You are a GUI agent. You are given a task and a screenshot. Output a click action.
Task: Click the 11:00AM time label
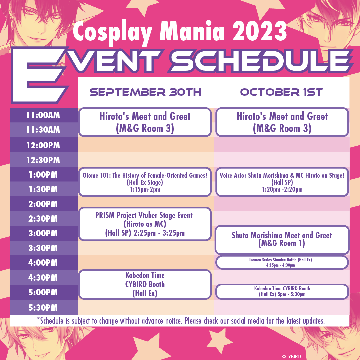coord(43,115)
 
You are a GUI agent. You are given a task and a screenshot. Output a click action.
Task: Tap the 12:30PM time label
coord(43,160)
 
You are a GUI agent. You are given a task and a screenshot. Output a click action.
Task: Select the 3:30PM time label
coord(43,248)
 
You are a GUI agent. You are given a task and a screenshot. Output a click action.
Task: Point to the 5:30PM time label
coord(43,307)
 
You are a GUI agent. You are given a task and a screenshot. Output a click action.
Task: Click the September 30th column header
coord(145,92)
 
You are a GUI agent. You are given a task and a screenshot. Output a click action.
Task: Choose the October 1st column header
coord(281,92)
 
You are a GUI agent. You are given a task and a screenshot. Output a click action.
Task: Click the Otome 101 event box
coord(145,182)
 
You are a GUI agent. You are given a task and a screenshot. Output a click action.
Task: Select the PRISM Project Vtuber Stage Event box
coord(145,224)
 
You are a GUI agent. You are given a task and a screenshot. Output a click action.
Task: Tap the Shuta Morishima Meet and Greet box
coord(282,240)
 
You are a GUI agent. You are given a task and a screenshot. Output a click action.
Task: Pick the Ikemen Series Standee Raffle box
coord(282,262)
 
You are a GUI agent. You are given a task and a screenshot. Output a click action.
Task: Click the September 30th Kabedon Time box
coord(145,284)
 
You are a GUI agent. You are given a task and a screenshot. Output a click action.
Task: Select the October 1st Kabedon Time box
coord(282,292)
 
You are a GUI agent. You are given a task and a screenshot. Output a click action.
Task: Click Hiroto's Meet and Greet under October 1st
coord(282,122)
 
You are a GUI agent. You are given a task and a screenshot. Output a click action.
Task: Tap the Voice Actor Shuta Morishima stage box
coord(282,182)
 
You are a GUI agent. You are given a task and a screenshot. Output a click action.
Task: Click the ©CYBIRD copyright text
coord(291,357)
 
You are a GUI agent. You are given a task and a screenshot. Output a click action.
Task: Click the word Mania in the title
coord(192,31)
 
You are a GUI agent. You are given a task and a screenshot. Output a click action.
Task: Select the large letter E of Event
coord(39,75)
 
